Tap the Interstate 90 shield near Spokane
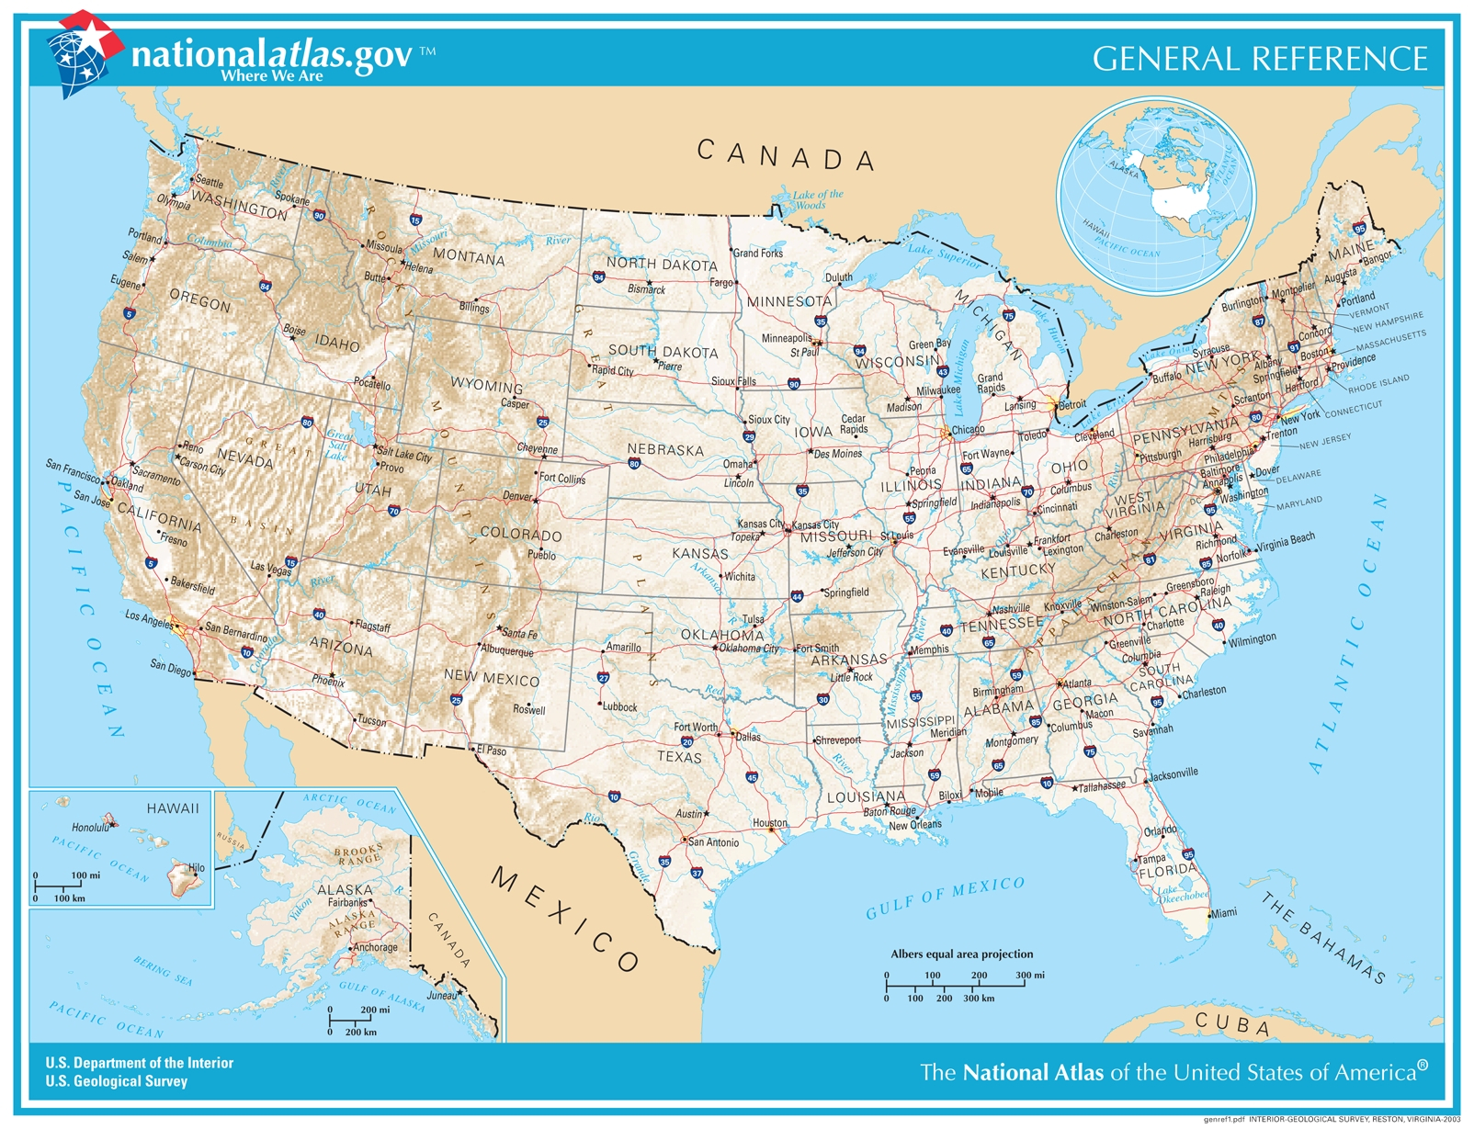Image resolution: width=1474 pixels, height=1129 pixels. pos(319,216)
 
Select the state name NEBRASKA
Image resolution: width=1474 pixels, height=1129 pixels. pos(665,450)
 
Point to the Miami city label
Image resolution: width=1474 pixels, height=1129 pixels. pos(1224,913)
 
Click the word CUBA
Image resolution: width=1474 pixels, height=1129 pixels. pos(1232,1023)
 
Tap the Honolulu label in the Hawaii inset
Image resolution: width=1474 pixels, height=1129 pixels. pos(90,828)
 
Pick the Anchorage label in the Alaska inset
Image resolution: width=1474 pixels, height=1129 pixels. pos(376,947)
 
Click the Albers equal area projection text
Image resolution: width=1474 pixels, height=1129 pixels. pos(961,954)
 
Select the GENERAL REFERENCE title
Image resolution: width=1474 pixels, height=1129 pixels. pos(1259,59)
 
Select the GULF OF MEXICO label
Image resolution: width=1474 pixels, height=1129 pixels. pos(945,898)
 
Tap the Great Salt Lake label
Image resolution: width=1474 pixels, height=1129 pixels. pos(338,446)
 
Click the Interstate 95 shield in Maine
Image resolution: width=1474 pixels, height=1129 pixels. pos(1359,228)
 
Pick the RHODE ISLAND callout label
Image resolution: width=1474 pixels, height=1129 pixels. pos(1378,383)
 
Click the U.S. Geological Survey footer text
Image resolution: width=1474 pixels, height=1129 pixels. pos(117,1081)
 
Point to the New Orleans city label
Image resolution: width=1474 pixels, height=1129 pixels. pos(914,825)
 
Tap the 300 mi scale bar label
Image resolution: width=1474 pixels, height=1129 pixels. pos(1029,975)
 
